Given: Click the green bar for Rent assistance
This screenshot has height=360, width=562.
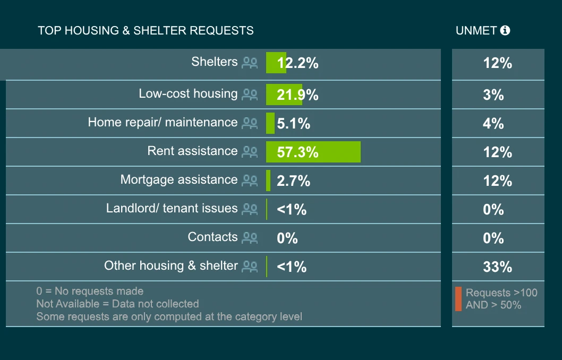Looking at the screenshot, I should [x=313, y=152].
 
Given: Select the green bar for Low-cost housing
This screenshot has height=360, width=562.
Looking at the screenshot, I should [x=284, y=95].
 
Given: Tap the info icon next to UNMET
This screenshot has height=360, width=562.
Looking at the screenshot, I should [x=505, y=30].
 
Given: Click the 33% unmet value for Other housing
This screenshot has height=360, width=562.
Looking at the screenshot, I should [x=497, y=267].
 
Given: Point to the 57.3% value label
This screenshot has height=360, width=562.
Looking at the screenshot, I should [x=297, y=152].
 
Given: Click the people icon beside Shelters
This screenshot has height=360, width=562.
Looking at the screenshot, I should [x=250, y=63].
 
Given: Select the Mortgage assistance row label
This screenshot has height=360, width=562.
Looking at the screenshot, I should [x=178, y=179].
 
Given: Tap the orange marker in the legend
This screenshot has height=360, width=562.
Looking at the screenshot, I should [x=458, y=299].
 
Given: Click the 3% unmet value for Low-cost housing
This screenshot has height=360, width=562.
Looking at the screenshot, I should [x=493, y=95].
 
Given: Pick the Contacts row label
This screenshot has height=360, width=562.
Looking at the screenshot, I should [x=212, y=237].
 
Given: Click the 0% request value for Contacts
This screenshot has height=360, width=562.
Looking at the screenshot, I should [x=287, y=238].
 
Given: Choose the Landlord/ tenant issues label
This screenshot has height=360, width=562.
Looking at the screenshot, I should [x=172, y=208].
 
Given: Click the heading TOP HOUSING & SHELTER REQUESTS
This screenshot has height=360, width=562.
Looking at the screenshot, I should [x=146, y=30].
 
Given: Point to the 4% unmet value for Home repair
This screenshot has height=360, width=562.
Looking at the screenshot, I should [x=493, y=123].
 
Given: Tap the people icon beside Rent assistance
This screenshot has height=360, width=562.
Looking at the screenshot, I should [x=250, y=152].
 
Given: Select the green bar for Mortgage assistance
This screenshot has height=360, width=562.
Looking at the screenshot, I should [x=268, y=181].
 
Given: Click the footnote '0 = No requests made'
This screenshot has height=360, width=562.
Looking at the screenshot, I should [x=90, y=291].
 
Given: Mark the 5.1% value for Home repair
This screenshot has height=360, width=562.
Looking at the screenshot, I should [x=293, y=124].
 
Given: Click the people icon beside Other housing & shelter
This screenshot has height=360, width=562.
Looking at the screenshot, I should [x=250, y=267].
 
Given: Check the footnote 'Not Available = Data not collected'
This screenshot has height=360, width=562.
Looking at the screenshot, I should [x=117, y=304].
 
